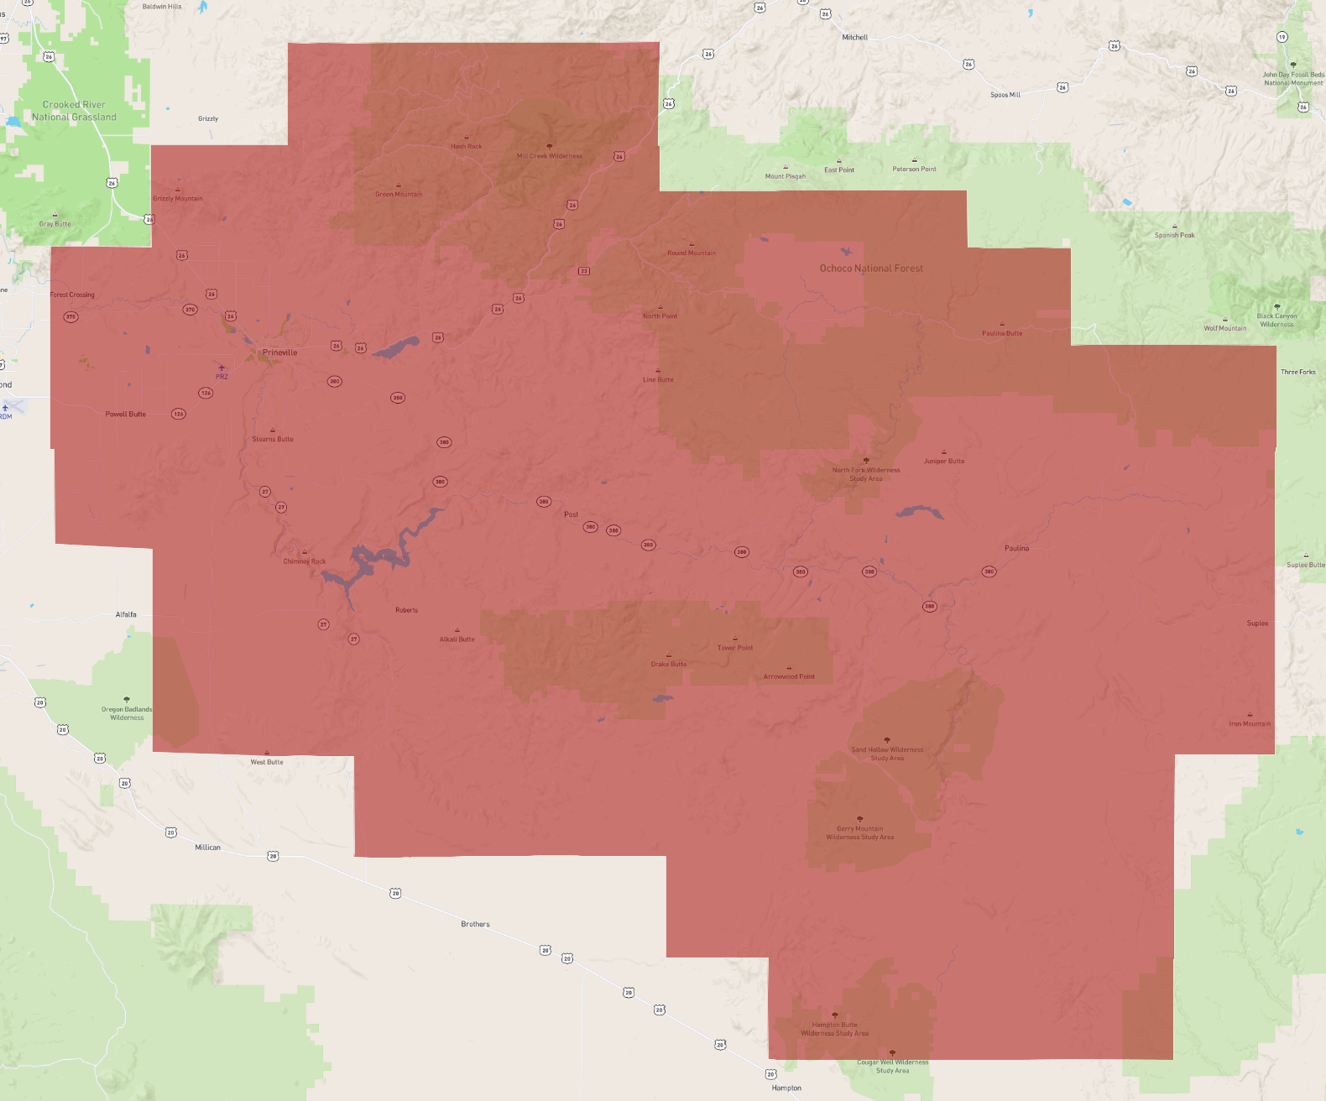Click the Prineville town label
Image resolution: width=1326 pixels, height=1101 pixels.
point(279,352)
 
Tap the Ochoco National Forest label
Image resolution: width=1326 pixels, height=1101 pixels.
point(871,269)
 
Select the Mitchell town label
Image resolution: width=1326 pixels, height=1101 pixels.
point(854,38)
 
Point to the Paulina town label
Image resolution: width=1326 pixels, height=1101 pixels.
point(1016,548)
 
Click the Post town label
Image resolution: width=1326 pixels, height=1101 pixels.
point(571,514)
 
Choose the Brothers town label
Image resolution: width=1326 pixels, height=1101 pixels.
point(475,924)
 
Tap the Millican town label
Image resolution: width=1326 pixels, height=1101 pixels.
point(207,848)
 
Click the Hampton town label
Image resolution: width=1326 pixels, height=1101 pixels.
point(786,1088)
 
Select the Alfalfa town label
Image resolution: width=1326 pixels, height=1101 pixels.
point(126,614)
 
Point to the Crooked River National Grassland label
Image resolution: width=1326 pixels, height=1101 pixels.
point(74,111)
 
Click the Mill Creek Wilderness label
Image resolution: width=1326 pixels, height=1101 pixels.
point(549,155)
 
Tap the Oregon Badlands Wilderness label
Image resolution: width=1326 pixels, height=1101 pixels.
point(127,713)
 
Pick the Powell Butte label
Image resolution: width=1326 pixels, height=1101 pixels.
point(126,414)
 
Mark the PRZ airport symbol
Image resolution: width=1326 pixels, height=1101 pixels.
point(222,368)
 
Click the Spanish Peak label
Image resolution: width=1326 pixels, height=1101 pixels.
point(1174,235)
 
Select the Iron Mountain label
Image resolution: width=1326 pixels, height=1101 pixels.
point(1249,723)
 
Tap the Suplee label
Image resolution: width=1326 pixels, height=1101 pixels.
point(1257,624)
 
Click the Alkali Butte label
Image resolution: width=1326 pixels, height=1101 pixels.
point(457,639)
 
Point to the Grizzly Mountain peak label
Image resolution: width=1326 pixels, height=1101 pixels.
point(177,198)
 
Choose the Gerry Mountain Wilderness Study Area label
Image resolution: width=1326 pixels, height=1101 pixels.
point(859,832)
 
